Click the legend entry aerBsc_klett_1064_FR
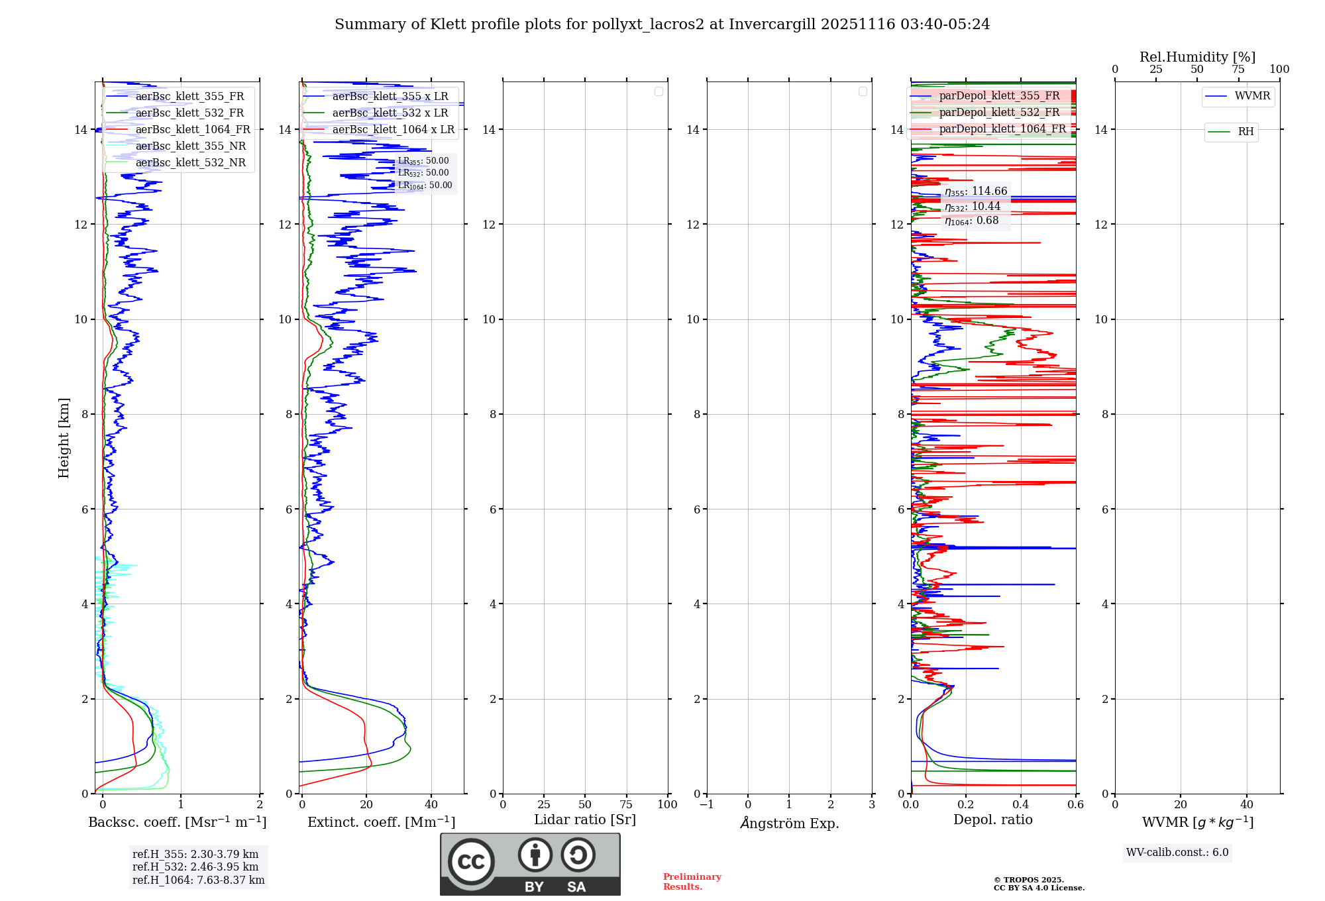(193, 130)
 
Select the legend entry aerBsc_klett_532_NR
(190, 163)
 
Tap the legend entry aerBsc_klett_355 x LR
(390, 97)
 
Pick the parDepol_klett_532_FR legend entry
(999, 113)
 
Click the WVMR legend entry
(1252, 96)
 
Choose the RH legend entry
(1245, 132)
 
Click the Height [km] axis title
(64, 438)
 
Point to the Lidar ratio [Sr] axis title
(585, 820)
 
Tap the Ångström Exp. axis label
(790, 823)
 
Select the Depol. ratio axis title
(993, 820)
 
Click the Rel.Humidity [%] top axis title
(1197, 57)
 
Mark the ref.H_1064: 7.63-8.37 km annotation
(198, 880)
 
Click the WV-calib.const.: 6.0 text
(1177, 853)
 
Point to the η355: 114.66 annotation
(976, 191)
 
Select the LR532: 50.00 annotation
(423, 173)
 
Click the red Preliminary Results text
(692, 882)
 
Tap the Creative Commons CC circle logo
(471, 862)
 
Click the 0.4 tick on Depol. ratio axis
(1021, 805)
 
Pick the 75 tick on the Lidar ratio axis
(626, 805)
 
